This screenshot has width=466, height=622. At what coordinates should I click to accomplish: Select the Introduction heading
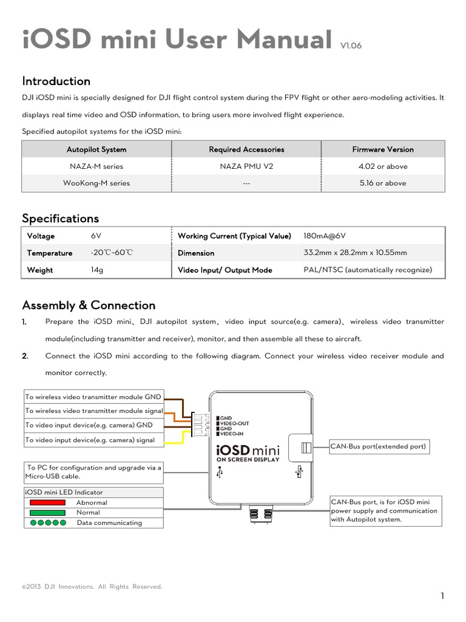[x=56, y=81]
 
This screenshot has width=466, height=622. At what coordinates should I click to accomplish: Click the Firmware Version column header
[x=383, y=149]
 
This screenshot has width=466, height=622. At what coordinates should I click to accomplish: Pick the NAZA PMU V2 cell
[x=246, y=166]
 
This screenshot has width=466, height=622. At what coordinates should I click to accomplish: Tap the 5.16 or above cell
[x=383, y=183]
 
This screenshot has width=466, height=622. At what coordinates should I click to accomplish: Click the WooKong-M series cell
[x=96, y=183]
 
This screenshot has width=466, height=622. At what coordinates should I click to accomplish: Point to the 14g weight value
[x=96, y=270]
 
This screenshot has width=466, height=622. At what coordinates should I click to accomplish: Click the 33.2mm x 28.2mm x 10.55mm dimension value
[x=355, y=253]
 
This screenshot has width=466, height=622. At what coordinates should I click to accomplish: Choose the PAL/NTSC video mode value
[x=368, y=270]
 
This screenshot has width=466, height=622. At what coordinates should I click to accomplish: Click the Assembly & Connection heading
[x=89, y=306]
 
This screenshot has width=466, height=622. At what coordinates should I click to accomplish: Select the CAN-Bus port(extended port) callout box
[x=379, y=447]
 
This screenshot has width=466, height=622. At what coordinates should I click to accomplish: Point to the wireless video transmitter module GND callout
[x=93, y=397]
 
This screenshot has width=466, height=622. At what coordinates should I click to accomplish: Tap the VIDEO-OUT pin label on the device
[x=234, y=423]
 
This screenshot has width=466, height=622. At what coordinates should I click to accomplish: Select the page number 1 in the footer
[x=443, y=596]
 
